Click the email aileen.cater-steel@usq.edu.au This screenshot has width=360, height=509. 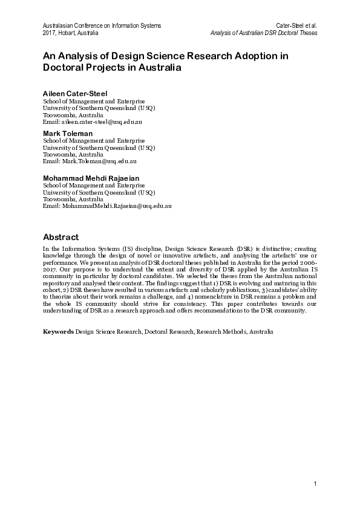point(100,122)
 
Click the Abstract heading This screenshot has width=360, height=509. point(61,236)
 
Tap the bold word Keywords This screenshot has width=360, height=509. point(58,332)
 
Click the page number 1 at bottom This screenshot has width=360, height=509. point(315,484)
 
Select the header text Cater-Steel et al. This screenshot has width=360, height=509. point(297,25)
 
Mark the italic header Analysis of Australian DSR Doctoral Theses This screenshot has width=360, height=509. point(263,33)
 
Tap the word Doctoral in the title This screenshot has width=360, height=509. point(66,68)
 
